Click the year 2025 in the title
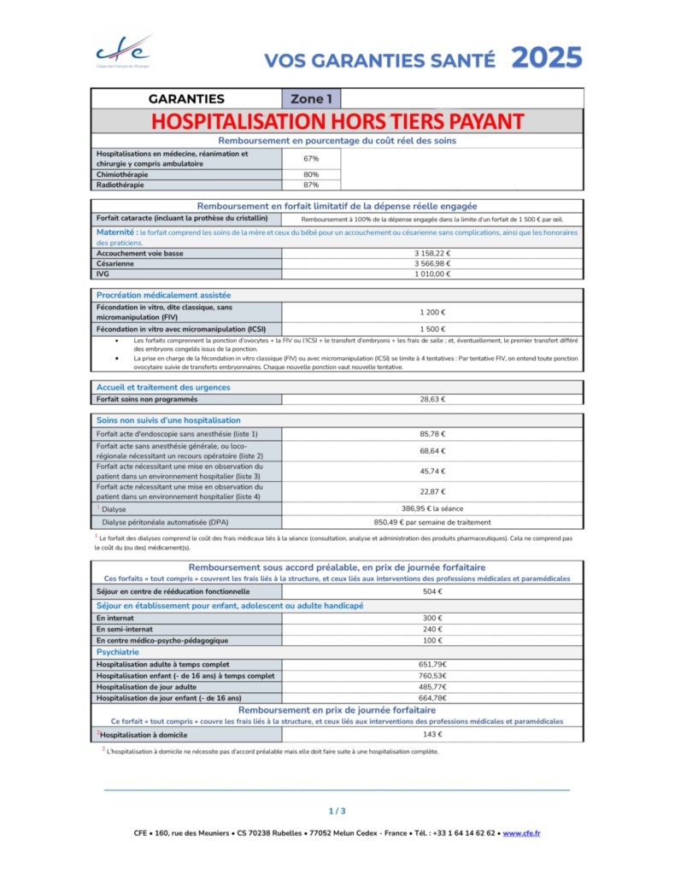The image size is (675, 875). coord(546,58)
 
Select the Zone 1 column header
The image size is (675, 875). coord(311,99)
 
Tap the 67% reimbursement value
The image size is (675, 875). coord(311,159)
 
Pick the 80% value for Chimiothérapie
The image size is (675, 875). coord(311,174)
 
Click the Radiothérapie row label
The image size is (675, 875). coord(120,185)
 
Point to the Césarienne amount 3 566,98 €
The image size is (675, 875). coord(432,264)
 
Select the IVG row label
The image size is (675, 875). coord(103,274)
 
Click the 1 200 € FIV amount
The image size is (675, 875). coord(432,312)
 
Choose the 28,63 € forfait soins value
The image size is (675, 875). coord(432,399)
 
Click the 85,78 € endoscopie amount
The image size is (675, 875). coord(432,434)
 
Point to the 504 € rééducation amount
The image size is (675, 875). coord(432,591)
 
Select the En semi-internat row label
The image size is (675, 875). coord(126,629)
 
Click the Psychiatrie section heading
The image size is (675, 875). coord(119,652)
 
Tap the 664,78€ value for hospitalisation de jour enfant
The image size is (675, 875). coord(432,698)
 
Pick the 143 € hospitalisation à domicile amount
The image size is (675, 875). coord(432,735)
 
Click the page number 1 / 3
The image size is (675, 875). coord(337,811)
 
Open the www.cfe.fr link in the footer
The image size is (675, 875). coord(521,833)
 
